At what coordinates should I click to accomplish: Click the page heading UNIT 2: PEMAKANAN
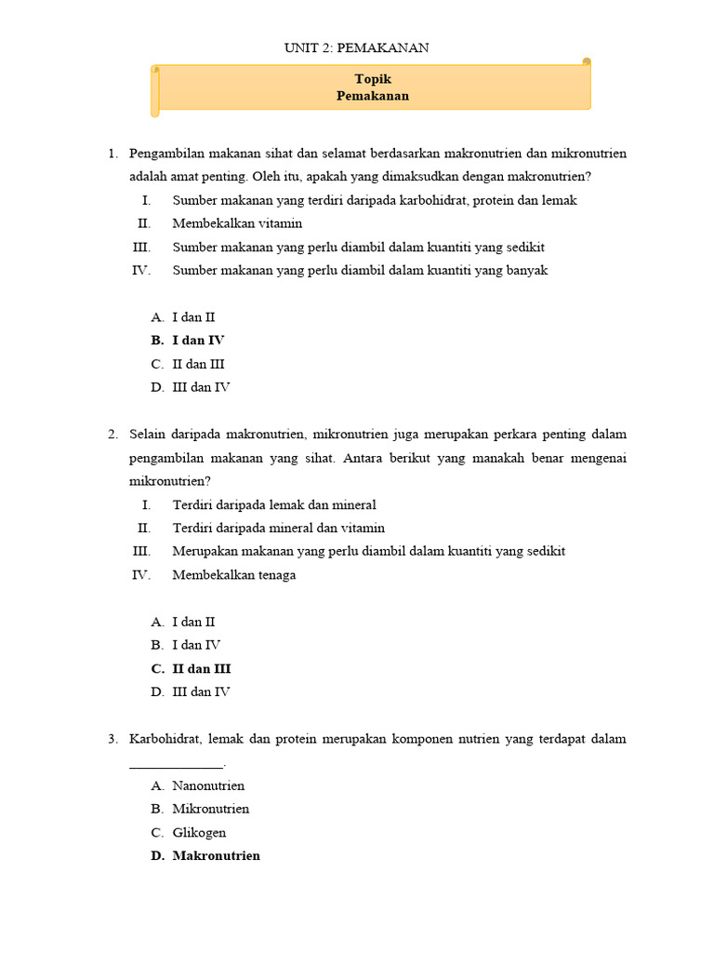(356, 47)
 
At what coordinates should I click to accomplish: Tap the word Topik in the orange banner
(373, 80)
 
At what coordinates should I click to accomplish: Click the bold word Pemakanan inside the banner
(373, 96)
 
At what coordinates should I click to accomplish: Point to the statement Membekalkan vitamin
(237, 223)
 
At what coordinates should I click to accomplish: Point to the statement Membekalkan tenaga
(234, 574)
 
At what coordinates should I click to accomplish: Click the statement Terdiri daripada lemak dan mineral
(274, 504)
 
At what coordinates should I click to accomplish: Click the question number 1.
(112, 153)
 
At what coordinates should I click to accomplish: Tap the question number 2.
(112, 434)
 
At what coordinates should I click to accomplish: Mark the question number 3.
(112, 739)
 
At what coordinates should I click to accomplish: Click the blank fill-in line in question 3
(176, 766)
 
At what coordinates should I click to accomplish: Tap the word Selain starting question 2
(149, 434)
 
